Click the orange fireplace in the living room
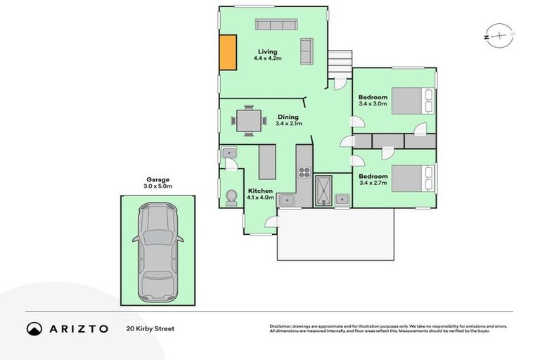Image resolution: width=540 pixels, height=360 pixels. click(228, 52)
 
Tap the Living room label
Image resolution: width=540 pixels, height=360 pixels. click(267, 51)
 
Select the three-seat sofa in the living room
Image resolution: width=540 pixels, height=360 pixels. click(276, 25)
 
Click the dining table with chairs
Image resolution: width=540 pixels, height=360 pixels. click(249, 121)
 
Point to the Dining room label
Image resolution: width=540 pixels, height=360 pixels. click(288, 117)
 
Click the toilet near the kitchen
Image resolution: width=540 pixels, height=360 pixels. click(230, 198)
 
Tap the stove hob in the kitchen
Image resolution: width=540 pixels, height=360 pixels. click(304, 172)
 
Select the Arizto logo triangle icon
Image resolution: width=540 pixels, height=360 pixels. click(34, 328)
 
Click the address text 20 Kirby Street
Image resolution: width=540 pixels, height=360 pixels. click(150, 328)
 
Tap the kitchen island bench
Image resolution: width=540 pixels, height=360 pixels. click(267, 162)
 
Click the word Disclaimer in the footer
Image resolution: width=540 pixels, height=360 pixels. click(280, 326)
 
